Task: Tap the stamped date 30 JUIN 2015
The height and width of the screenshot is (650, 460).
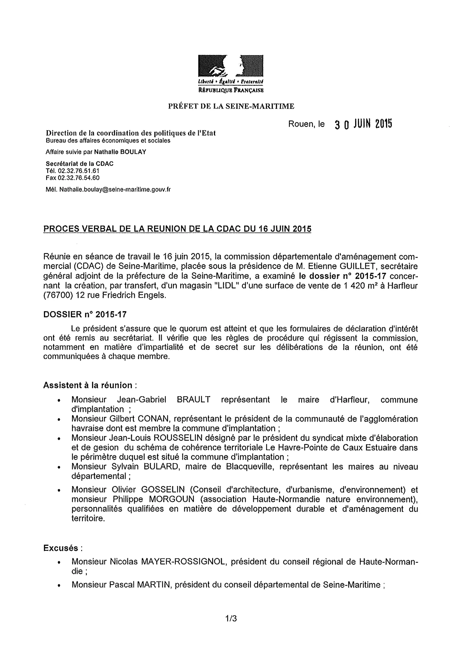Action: (363, 124)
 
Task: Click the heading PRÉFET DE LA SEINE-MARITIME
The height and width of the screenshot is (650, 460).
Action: (231, 106)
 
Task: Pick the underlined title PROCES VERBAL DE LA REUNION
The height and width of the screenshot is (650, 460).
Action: (177, 229)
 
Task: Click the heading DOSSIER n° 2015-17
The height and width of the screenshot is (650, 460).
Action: (85, 314)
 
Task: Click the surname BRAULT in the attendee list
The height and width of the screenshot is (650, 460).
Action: (193, 400)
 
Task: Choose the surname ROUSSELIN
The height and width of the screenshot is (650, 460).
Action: (178, 438)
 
